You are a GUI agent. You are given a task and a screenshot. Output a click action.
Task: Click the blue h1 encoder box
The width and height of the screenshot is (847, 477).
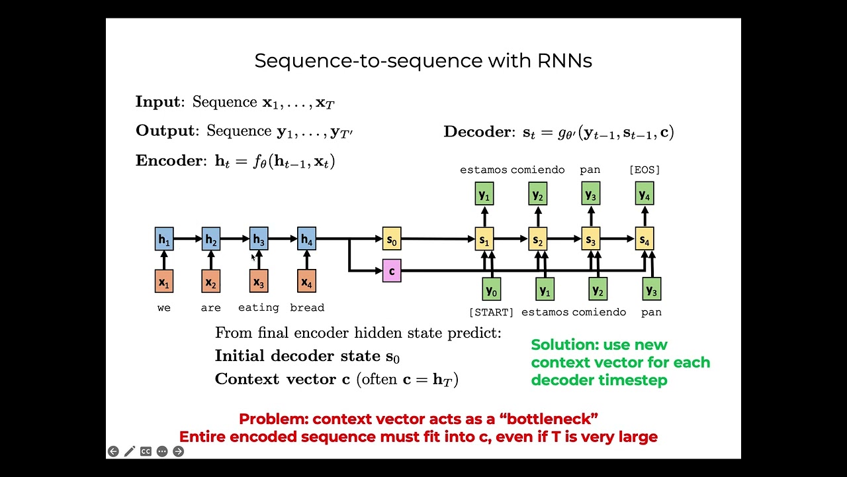coord(164,238)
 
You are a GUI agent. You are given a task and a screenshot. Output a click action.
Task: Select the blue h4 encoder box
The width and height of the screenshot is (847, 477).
coord(306,238)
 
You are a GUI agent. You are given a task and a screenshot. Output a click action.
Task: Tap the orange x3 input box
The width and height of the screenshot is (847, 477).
coord(259,282)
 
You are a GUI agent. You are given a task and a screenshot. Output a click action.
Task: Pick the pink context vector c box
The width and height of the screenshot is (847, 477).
coord(392,270)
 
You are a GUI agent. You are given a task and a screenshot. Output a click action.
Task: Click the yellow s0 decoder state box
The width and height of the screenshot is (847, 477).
coord(392,238)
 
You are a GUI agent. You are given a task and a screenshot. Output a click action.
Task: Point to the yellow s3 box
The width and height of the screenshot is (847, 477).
coord(590,238)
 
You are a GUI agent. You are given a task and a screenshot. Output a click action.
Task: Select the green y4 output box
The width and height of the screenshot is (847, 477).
coord(645,193)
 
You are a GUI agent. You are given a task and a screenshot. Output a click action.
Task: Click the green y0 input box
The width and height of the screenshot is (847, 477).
coord(491,290)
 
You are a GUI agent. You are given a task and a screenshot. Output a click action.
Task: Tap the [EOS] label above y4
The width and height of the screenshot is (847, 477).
coord(645,170)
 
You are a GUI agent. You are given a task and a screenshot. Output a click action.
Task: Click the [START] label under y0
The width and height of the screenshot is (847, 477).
coord(491,312)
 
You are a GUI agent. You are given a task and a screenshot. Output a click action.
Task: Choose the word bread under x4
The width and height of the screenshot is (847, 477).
coord(307,307)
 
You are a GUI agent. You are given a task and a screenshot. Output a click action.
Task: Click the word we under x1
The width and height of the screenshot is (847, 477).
coord(164,307)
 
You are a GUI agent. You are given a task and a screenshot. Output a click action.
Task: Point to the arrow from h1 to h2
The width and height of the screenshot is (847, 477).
coord(188,238)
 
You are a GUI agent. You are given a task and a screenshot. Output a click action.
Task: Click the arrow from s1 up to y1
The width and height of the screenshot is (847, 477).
coord(484,216)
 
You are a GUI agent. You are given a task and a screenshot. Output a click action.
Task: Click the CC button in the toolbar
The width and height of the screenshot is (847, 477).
coord(146,451)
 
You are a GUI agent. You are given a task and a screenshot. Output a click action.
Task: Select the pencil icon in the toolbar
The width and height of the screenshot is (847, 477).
coord(130,451)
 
